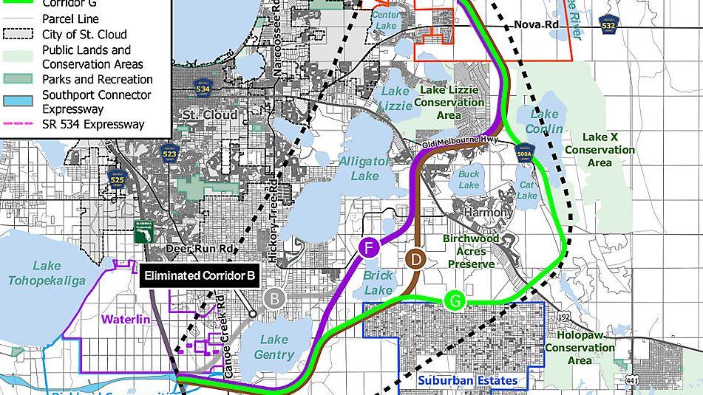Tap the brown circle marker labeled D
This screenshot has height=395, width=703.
click(416, 259)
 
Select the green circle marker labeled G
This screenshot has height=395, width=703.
click(455, 301)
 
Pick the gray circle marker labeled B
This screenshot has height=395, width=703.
click(274, 299)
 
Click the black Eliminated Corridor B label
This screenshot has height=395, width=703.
click(200, 276)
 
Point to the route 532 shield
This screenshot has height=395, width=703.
click(608, 25)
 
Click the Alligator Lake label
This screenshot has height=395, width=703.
click(364, 168)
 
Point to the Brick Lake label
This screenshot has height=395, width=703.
click(378, 283)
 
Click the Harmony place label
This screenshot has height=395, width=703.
click(488, 213)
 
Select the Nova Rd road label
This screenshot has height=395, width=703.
click(536, 26)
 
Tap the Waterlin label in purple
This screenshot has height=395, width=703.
click(126, 320)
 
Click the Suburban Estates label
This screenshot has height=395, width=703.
click(467, 381)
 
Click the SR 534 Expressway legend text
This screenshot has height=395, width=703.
click(93, 124)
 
